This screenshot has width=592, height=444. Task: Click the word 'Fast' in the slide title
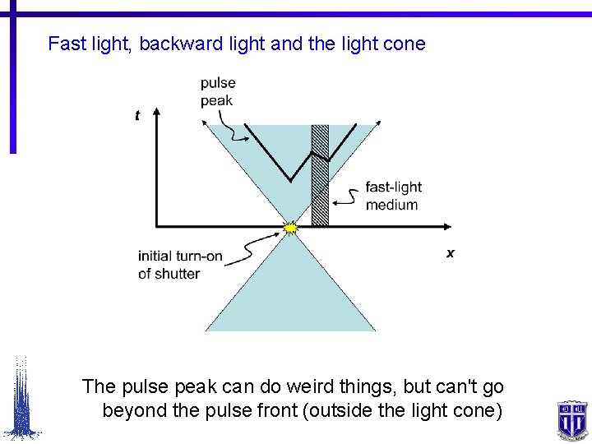[66, 44]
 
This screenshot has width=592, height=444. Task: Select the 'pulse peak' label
[218, 91]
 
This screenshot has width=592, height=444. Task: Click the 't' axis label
[137, 116]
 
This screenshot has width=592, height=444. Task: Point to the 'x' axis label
[451, 254]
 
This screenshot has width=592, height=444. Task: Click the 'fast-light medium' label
[392, 197]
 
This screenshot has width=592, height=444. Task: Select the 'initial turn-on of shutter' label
[180, 265]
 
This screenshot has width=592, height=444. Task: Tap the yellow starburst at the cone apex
[290, 226]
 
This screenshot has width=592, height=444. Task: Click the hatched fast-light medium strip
[320, 177]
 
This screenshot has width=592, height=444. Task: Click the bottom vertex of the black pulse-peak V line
[289, 180]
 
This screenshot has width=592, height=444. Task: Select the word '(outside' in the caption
[338, 409]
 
